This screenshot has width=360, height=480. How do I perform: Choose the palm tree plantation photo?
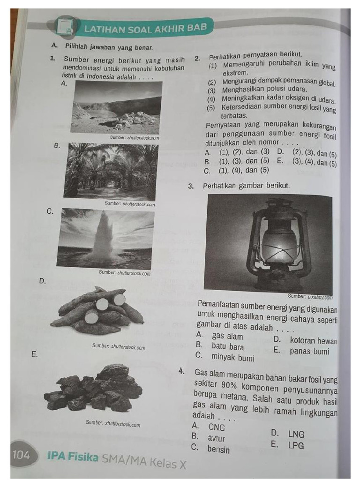tap(111, 171)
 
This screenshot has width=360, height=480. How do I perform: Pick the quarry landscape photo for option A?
tap(116, 107)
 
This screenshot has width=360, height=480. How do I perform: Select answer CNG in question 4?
tap(217, 427)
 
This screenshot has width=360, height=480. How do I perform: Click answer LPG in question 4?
tap(296, 445)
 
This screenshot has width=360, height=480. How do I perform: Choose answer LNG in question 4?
tap(296, 434)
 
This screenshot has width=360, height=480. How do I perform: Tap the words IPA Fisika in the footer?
tap(73, 456)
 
